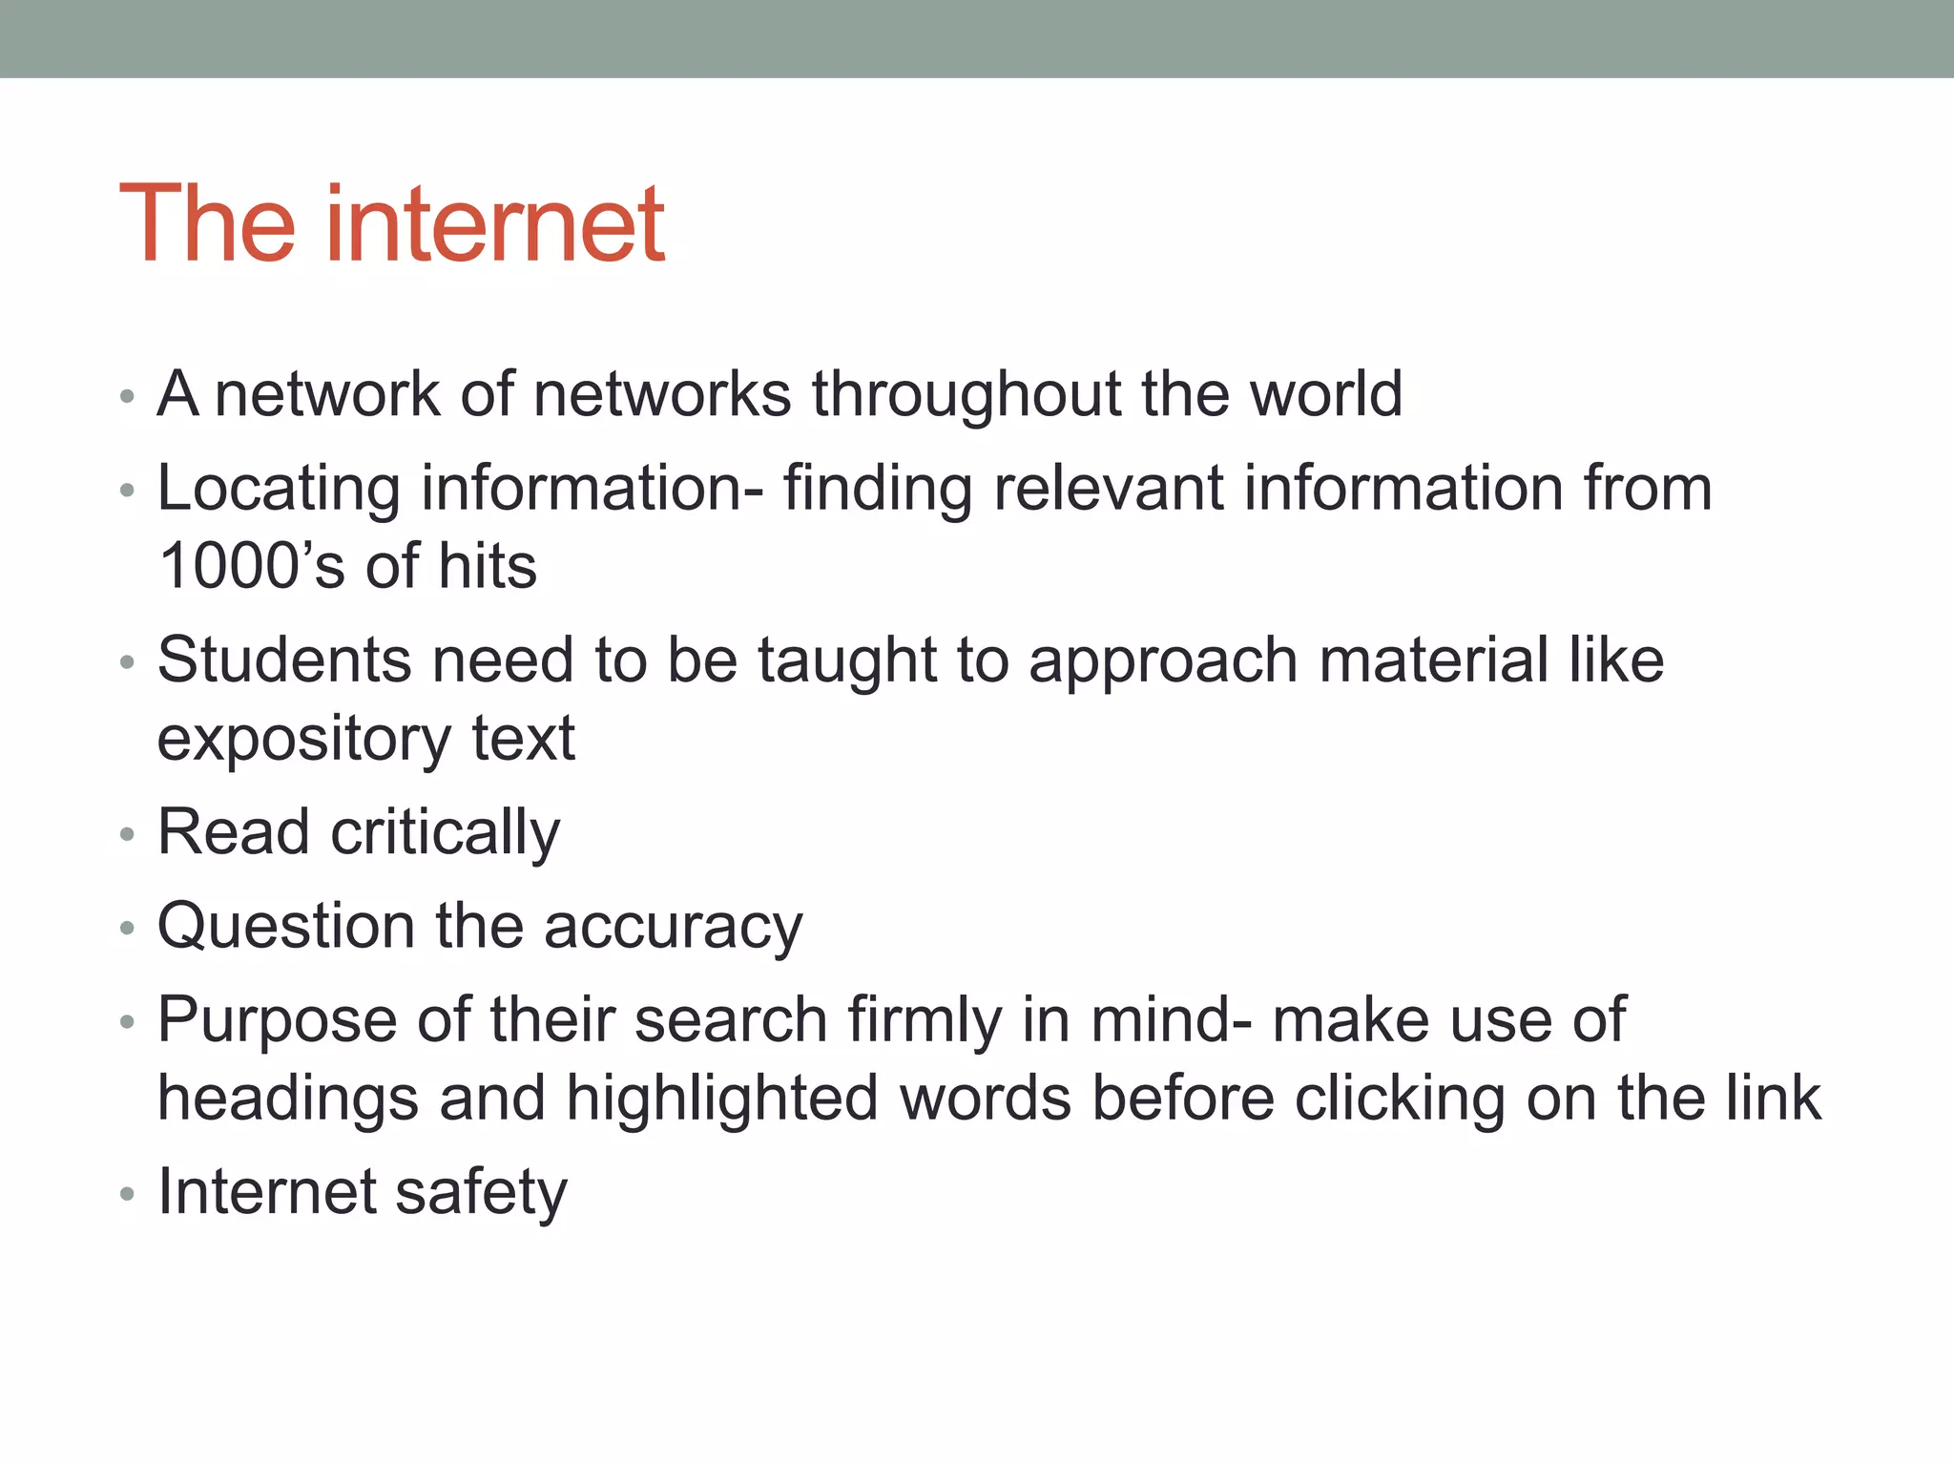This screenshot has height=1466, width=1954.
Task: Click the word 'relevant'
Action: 1108,489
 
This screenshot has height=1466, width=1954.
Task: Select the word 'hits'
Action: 488,566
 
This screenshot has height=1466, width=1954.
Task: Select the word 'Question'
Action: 286,928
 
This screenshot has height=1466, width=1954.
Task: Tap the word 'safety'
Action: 481,1194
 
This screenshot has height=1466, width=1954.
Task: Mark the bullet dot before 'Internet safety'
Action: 128,1194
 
